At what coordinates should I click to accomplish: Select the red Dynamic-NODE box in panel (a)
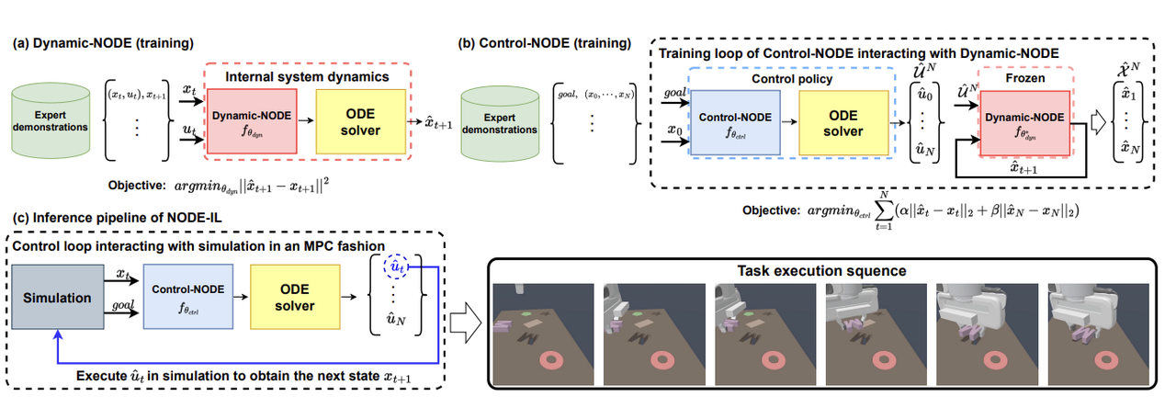pos(251,122)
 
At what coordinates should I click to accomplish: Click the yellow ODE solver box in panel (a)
pos(359,122)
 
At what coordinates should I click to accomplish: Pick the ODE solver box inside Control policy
pos(842,124)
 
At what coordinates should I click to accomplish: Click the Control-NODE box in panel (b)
pos(735,124)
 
